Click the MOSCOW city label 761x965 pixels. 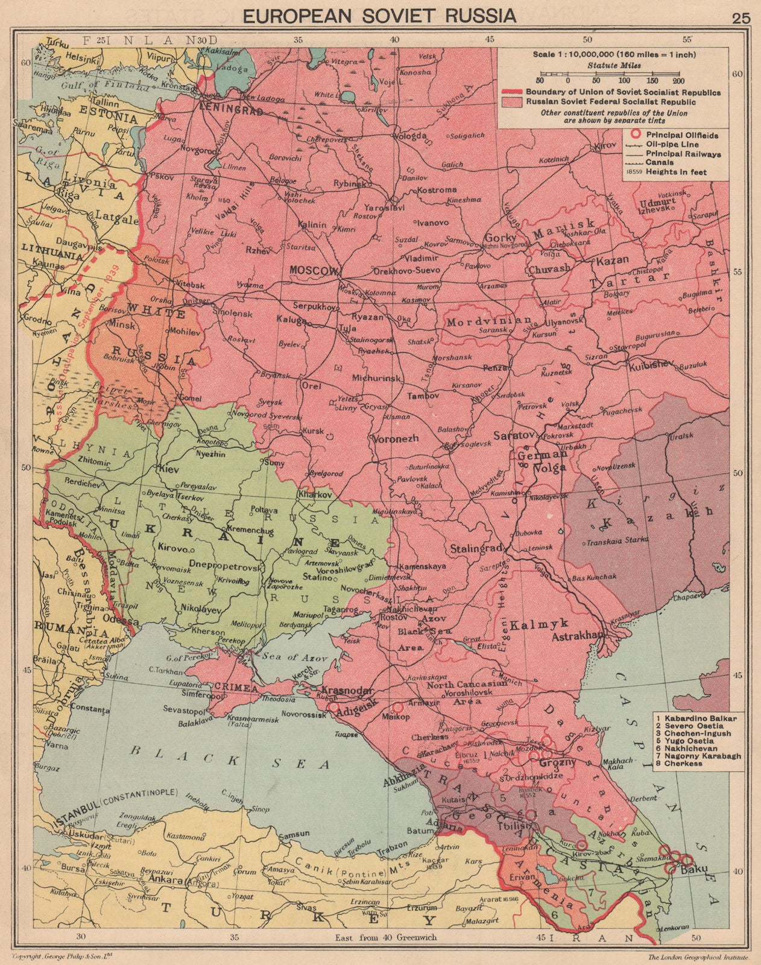point(315,271)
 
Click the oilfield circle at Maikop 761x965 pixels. point(397,707)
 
